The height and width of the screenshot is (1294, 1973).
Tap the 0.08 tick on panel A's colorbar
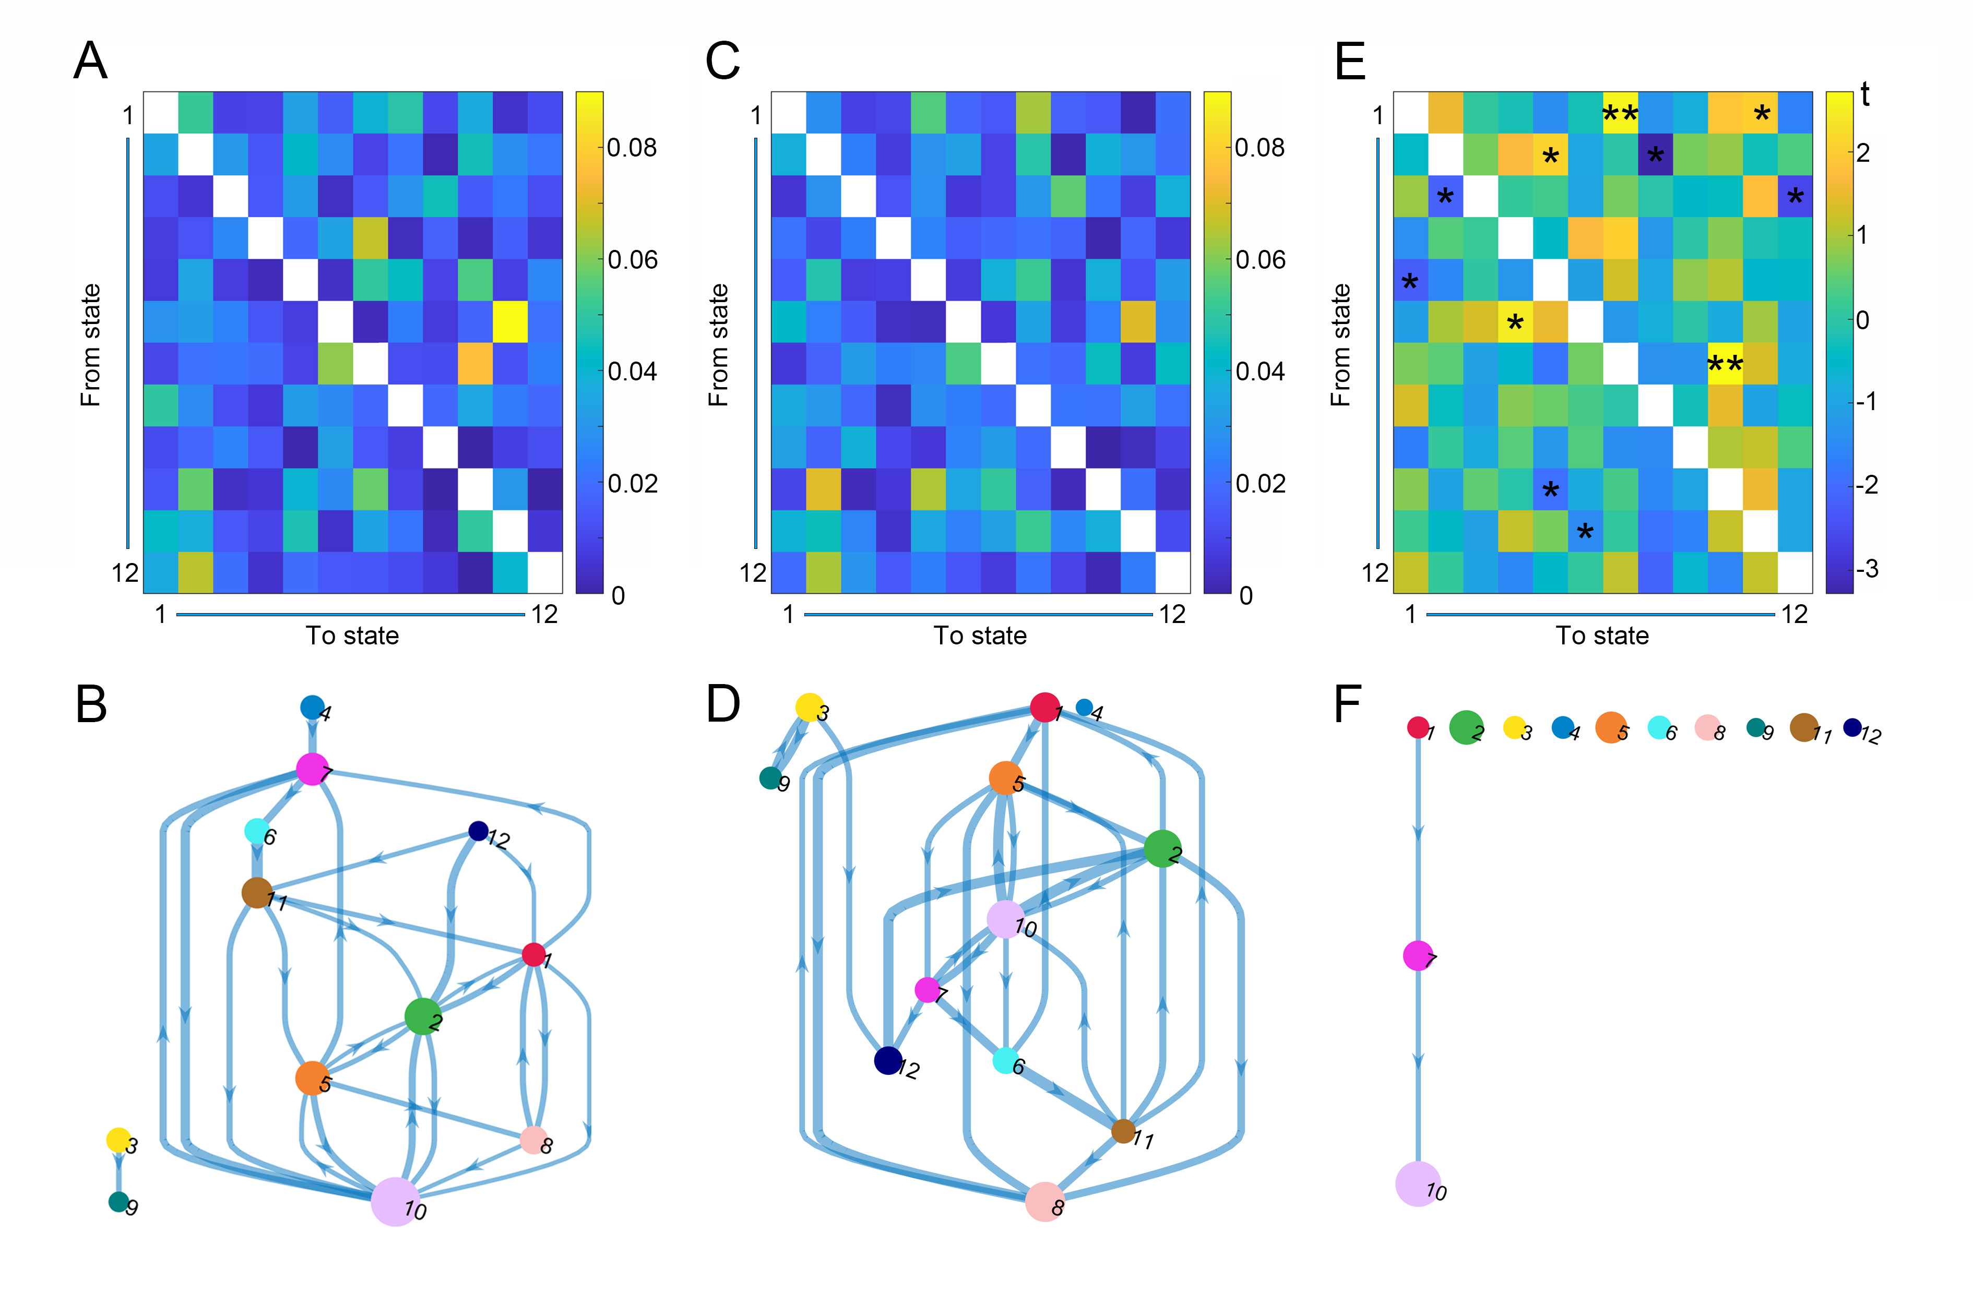(x=631, y=148)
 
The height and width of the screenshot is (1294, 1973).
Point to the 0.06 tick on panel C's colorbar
(x=1259, y=259)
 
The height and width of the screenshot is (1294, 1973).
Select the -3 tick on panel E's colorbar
(x=1867, y=569)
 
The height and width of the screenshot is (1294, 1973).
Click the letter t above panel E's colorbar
(x=1864, y=95)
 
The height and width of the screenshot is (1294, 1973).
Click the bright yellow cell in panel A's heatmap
(x=510, y=321)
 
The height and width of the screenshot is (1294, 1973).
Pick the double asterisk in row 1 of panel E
(x=1620, y=114)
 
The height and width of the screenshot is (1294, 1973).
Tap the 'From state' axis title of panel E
(x=1340, y=345)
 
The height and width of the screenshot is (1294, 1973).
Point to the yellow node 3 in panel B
(x=118, y=1140)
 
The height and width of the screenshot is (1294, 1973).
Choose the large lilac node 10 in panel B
(x=395, y=1201)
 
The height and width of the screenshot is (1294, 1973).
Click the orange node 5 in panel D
(x=1006, y=778)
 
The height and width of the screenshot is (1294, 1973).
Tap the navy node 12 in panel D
(x=888, y=1060)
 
